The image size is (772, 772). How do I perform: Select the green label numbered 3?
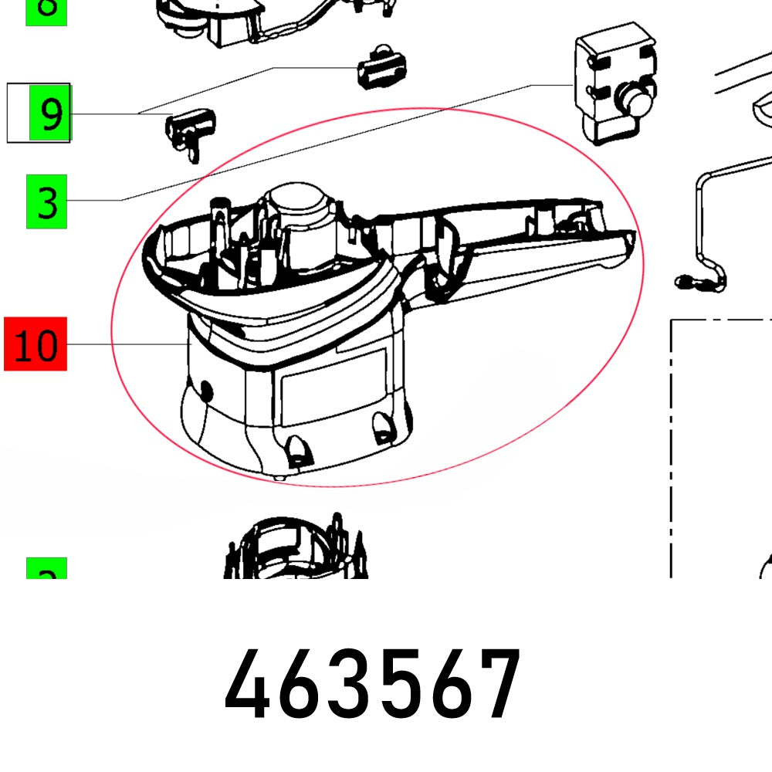point(46,201)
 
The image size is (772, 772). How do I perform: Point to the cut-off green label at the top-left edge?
point(46,11)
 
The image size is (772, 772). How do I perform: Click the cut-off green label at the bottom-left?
point(46,570)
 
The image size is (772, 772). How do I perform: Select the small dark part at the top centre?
point(381,65)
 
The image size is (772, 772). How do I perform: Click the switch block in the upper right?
point(614,89)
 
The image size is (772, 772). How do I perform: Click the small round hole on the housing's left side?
point(204,389)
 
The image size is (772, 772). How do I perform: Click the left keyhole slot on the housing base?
point(295,449)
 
